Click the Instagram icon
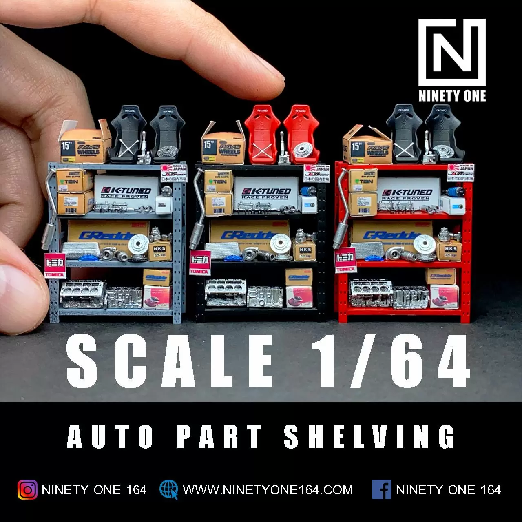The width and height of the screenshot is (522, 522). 27,490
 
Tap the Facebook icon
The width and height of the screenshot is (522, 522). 381,490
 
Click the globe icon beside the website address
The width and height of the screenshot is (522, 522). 168,489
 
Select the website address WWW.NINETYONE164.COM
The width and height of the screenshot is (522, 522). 268,490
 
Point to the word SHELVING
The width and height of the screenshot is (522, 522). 369,437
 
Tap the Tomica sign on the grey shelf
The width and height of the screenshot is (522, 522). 55,265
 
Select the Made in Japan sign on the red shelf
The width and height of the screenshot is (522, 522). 461,173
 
